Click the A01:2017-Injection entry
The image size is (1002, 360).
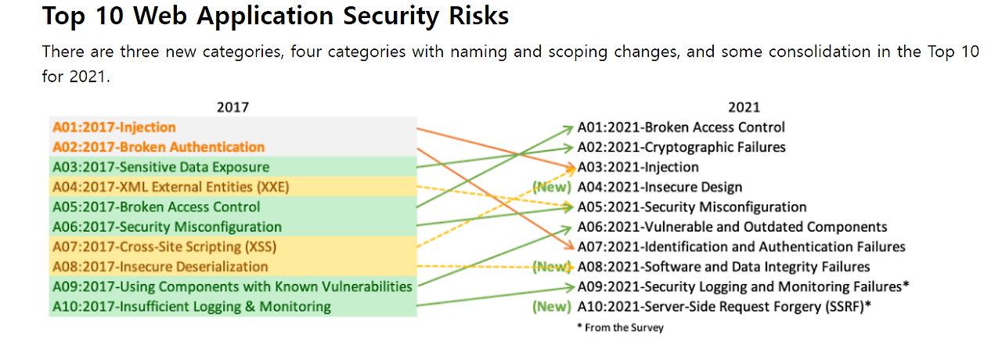[114, 128]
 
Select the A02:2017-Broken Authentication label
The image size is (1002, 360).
[158, 147]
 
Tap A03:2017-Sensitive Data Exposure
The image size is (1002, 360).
[161, 167]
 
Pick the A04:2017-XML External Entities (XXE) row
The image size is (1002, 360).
[171, 187]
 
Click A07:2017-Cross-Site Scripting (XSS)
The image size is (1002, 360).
[164, 247]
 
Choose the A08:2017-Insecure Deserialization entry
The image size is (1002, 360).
[160, 267]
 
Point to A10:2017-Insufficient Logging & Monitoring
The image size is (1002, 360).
[192, 307]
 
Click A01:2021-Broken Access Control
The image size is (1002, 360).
[681, 128]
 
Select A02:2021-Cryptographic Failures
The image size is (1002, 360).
[681, 147]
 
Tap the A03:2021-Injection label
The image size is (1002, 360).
[638, 167]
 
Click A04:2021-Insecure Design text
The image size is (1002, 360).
[659, 187]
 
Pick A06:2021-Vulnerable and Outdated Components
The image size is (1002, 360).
[732, 227]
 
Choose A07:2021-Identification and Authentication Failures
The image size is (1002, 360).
[741, 247]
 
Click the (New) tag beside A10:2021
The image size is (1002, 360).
[552, 307]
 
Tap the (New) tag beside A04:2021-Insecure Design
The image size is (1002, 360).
[552, 187]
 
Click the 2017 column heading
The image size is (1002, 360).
[232, 107]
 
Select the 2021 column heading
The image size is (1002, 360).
[744, 107]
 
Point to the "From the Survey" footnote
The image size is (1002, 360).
[620, 328]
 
